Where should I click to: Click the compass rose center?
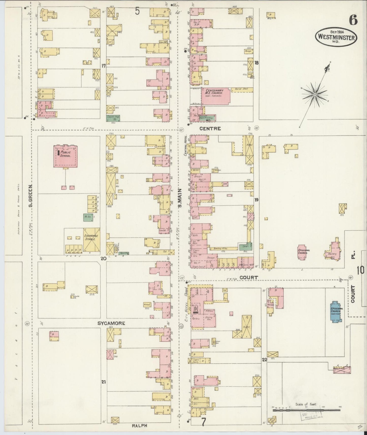pos(315,95)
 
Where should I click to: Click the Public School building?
pos(65,156)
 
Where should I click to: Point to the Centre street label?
pos(210,129)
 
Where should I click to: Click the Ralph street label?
pos(139,425)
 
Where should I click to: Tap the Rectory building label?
pos(332,254)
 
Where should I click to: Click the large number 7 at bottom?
pos(203,422)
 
